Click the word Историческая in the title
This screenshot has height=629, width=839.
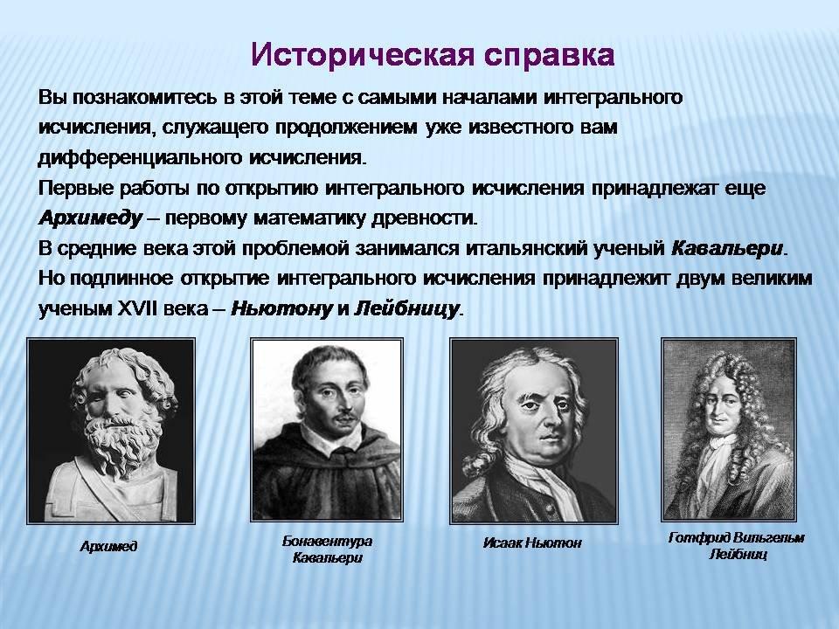362,55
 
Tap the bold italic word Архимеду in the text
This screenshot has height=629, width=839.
91,218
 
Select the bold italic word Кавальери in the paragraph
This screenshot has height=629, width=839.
726,249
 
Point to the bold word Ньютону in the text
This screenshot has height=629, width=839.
282,309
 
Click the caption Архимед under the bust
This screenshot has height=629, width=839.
108,546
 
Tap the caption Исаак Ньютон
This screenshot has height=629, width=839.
532,543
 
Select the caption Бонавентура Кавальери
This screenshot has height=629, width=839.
327,550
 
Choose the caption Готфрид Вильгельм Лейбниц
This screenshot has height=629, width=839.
737,545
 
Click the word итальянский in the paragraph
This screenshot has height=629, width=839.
528,249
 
